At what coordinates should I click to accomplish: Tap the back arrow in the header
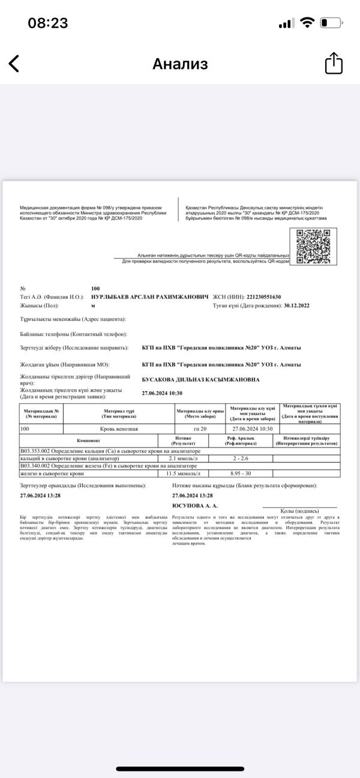pos(14,64)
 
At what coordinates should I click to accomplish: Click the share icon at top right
pos(334,64)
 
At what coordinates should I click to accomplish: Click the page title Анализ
pos(180,64)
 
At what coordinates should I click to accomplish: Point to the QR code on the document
pos(317,247)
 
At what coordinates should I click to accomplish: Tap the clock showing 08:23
pos(48,23)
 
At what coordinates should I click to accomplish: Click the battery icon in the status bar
pos(331,23)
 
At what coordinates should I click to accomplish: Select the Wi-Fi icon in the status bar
pos(308,23)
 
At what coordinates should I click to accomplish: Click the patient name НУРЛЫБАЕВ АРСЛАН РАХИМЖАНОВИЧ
pos(149,297)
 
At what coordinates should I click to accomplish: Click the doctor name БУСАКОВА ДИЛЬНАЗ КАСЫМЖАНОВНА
pos(200,380)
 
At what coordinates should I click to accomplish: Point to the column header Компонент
pos(88,441)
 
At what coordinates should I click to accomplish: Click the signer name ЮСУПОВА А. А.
pos(191,506)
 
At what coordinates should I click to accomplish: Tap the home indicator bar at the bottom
pos(180,768)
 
